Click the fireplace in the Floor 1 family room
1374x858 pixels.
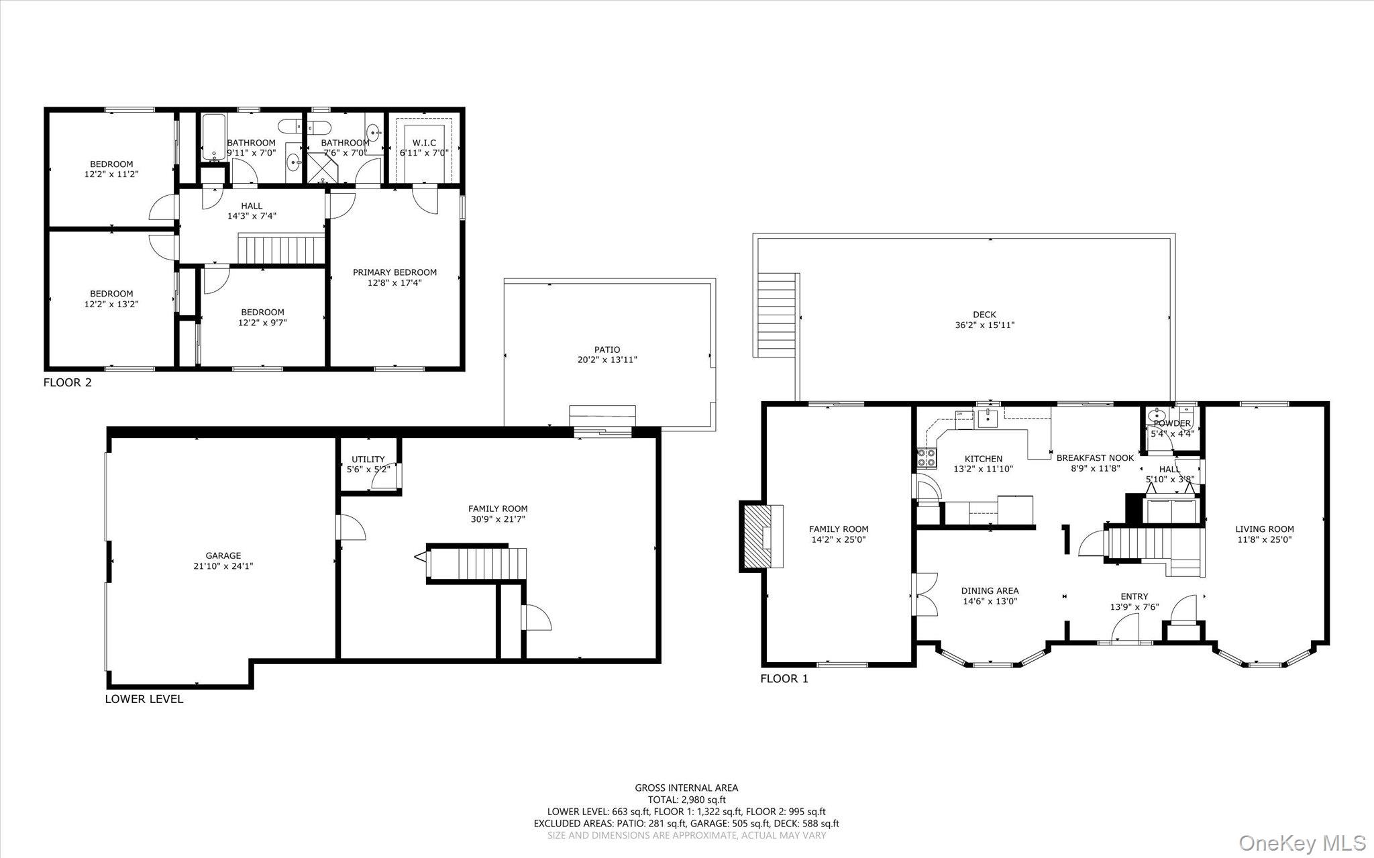[x=763, y=537]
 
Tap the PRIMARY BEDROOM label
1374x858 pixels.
[x=394, y=272]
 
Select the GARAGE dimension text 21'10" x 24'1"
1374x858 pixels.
[x=223, y=566]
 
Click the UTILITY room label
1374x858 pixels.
[x=368, y=460]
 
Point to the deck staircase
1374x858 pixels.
[x=779, y=315]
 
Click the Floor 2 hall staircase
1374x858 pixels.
[x=282, y=250]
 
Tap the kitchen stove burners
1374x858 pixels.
[x=927, y=458]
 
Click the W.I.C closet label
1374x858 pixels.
[x=424, y=143]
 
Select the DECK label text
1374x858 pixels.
[x=984, y=315]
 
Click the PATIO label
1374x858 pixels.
[x=606, y=350]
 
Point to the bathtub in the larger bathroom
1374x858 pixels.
[x=214, y=138]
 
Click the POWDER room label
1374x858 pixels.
[x=1172, y=423]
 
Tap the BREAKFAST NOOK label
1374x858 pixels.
[x=1095, y=458]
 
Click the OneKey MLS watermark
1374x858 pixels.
[x=1302, y=843]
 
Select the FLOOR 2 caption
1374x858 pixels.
[x=67, y=383]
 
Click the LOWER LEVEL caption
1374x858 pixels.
[x=144, y=699]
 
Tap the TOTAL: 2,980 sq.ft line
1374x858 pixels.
[x=686, y=800]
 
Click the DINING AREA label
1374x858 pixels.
[x=990, y=591]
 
